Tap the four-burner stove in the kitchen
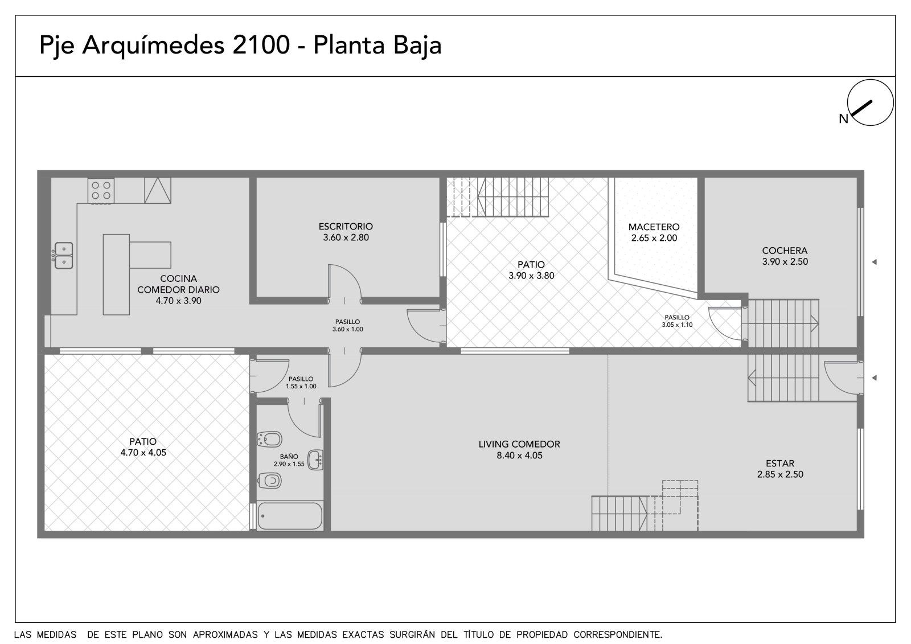101,190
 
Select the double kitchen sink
64,256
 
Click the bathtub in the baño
290,516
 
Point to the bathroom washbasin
315,460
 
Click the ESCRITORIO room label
346,227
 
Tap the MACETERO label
654,227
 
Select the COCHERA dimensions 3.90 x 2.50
785,261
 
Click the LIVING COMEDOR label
519,444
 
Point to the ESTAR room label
780,463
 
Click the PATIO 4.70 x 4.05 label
143,447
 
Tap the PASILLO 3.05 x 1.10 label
677,321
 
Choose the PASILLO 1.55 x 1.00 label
301,383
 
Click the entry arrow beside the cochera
875,262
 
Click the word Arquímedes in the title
153,45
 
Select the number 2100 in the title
261,45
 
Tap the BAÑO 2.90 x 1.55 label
289,460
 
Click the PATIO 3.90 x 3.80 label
531,270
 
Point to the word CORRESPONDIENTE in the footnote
618,634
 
